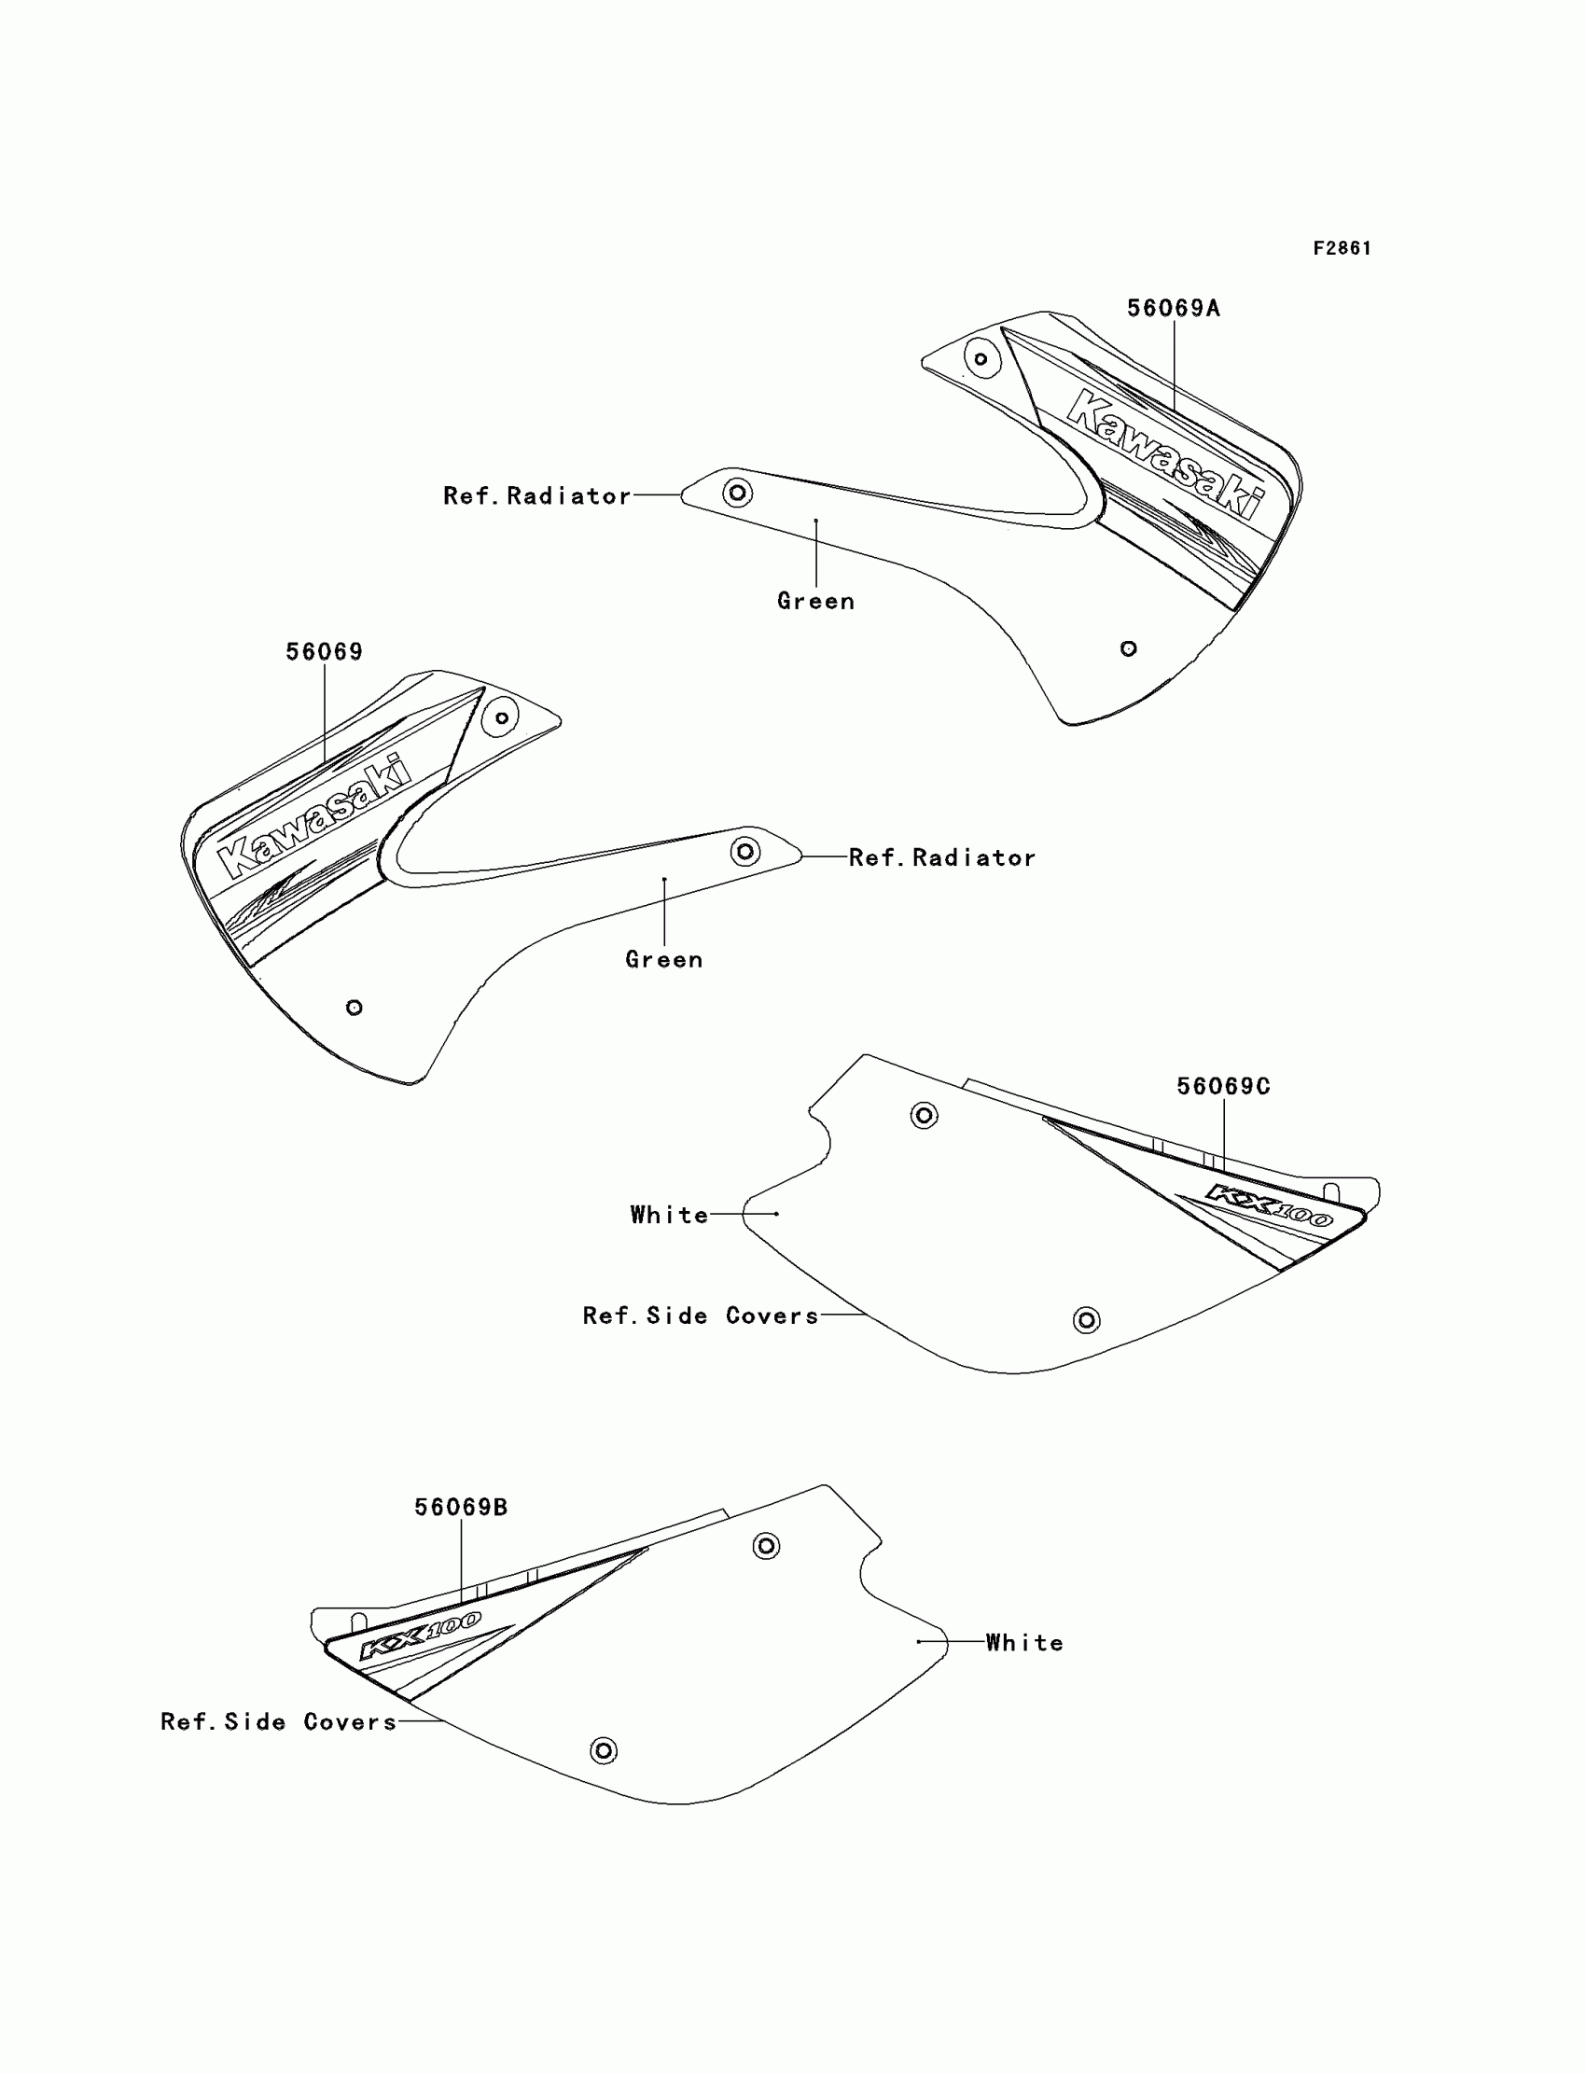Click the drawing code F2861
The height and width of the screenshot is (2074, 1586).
coord(1342,248)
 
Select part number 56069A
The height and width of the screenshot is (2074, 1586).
coord(1174,309)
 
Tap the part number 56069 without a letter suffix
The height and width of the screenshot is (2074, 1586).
coord(324,652)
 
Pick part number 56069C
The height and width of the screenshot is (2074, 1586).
coord(1223,1087)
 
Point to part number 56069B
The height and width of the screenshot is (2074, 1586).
coord(461,1508)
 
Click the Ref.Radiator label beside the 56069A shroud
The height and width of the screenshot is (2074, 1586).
coord(537,496)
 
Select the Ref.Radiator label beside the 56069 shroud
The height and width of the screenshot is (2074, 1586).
coord(942,858)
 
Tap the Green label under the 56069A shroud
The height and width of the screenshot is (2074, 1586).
coord(815,602)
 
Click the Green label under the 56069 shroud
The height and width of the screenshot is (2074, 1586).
coord(663,960)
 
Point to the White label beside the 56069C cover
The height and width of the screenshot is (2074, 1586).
coord(669,1215)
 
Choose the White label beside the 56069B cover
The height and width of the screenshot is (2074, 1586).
coord(1024,1644)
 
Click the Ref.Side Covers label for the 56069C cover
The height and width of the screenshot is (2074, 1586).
coord(701,1315)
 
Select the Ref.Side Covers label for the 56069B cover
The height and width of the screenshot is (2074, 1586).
coord(279,1722)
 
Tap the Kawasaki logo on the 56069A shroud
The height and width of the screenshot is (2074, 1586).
coord(1166,453)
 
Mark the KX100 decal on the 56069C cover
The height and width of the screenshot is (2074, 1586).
coord(1269,1205)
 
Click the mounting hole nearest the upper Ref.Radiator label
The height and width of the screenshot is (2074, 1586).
coord(737,492)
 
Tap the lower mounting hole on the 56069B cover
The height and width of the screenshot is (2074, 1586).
coord(604,1751)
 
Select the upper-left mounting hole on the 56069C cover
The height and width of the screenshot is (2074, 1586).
coord(924,1116)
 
